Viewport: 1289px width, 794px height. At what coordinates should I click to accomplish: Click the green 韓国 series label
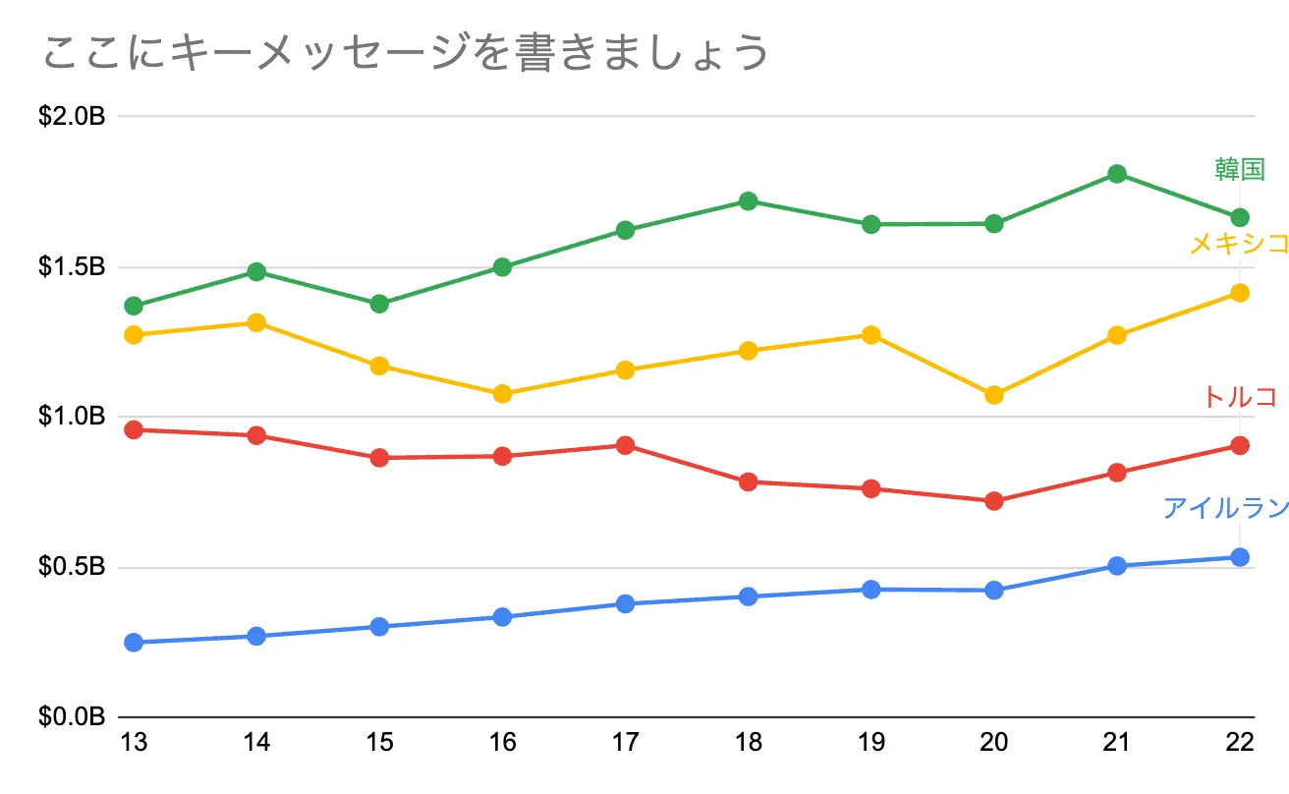tap(1239, 169)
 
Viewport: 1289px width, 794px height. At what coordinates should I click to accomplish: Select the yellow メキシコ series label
tap(1238, 243)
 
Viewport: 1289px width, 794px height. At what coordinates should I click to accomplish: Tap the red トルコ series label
tap(1239, 396)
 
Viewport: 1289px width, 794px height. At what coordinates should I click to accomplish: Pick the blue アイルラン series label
tap(1225, 508)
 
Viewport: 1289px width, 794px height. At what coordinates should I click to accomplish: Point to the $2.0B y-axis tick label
tap(72, 117)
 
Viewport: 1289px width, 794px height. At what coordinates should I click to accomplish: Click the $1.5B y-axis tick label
tap(72, 267)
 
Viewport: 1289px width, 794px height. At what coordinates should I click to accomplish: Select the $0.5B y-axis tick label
tap(72, 568)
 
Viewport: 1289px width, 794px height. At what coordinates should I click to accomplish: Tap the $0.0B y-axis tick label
tap(72, 717)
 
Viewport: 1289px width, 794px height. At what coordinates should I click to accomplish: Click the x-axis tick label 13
tap(135, 743)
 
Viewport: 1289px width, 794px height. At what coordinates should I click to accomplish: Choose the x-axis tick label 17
tap(626, 743)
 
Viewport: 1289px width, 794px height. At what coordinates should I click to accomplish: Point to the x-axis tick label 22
tap(1239, 743)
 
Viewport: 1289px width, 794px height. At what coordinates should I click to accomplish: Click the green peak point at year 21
tap(1117, 174)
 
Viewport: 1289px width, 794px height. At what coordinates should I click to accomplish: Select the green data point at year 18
tap(749, 201)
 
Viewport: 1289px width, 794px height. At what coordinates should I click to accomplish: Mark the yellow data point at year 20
tap(994, 395)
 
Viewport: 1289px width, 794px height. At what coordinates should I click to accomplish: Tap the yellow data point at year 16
tap(503, 394)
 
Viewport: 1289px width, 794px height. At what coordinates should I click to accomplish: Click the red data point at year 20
tap(994, 501)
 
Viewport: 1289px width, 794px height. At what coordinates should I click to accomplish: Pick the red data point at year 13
tap(135, 429)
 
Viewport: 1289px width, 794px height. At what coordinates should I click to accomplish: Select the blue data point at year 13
tap(135, 643)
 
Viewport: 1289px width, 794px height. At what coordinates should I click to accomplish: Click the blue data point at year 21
tap(1117, 566)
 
